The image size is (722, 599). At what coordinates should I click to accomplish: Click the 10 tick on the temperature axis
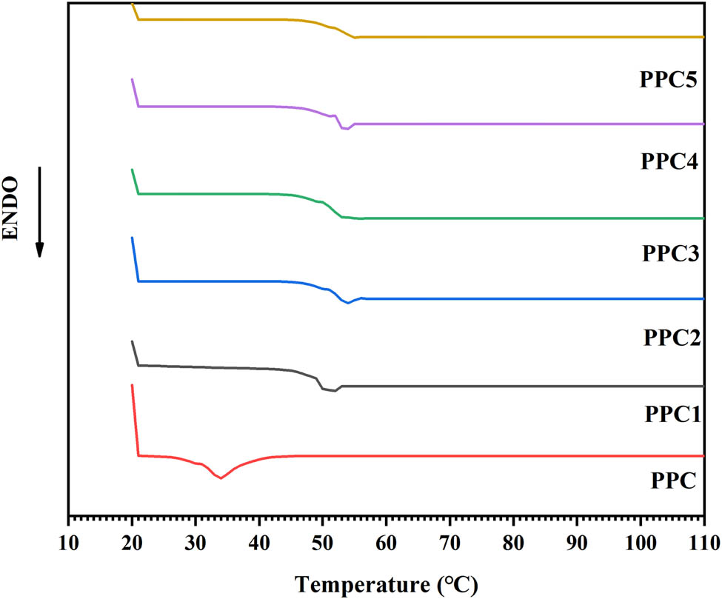[x=68, y=541]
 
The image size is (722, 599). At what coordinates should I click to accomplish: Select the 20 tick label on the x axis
[x=132, y=541]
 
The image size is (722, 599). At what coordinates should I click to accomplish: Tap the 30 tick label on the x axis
[x=195, y=541]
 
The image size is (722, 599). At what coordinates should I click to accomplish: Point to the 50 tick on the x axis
[x=322, y=541]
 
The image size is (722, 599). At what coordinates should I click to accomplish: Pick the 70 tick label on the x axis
[x=449, y=541]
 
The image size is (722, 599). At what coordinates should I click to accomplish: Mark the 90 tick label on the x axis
[x=577, y=541]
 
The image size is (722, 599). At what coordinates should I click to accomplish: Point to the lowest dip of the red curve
[x=221, y=478]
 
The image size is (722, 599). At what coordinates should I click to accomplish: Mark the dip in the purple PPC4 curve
[x=345, y=129]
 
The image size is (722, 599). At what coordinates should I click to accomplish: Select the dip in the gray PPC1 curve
[x=333, y=390]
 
